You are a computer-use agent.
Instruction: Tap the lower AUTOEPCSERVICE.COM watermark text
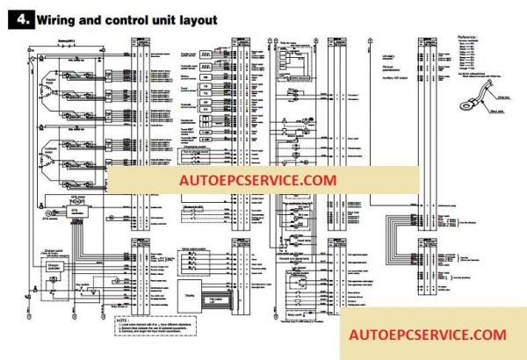click(x=428, y=335)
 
